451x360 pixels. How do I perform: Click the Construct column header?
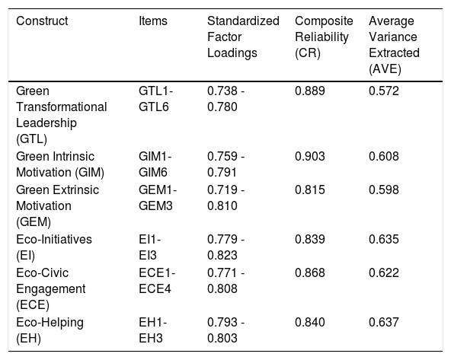pos(42,21)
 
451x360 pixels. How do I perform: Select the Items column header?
pos(153,21)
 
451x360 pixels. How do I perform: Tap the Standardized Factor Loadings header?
pos(243,37)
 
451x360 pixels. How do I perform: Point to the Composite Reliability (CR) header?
pos(324,37)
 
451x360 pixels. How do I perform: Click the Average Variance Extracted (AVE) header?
pos(394,45)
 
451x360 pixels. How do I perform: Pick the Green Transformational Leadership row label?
pos(62,115)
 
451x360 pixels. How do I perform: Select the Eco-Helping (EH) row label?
pos(50,330)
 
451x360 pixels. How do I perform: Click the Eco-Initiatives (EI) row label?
pos(54,247)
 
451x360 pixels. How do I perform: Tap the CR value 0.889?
pos(310,91)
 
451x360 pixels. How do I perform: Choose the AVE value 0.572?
pos(384,91)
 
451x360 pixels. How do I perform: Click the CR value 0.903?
pos(310,157)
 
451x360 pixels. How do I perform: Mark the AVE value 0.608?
pos(384,157)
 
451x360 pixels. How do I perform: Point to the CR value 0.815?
pos(310,190)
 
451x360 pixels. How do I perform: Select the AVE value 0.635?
pos(384,239)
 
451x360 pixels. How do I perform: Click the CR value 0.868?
pos(310,272)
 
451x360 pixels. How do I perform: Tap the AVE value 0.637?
pos(384,322)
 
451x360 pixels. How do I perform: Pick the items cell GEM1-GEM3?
pos(158,198)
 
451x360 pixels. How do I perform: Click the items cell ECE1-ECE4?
pos(157,281)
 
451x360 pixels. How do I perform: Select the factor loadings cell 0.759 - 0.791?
pos(226,164)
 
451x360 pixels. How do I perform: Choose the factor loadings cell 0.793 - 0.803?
pos(226,330)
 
